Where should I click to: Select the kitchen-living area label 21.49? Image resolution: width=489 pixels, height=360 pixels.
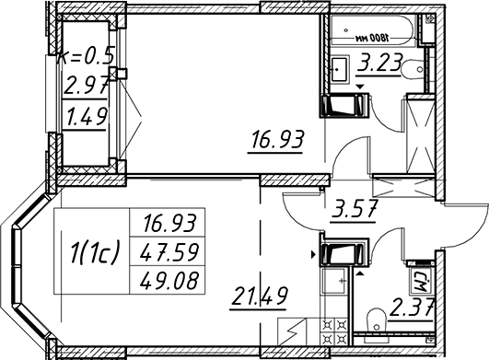click(260, 296)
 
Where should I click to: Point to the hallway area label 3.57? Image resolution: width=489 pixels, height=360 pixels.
click(355, 209)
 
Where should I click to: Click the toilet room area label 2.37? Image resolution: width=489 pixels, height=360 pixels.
click(412, 308)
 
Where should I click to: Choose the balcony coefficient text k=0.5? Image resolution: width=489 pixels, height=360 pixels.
click(86, 56)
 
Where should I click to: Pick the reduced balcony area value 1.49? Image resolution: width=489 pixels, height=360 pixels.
click(86, 117)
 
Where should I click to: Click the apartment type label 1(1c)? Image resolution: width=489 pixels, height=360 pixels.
click(95, 252)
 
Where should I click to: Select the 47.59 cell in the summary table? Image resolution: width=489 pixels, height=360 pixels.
click(169, 252)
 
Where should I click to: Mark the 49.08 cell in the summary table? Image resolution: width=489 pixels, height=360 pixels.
click(169, 280)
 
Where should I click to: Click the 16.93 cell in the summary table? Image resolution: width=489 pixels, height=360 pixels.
click(169, 223)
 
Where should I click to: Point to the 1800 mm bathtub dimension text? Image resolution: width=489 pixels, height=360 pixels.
click(372, 38)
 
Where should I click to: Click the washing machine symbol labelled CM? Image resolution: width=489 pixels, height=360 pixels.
click(421, 282)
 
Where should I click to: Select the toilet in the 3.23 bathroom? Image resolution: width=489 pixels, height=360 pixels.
click(413, 69)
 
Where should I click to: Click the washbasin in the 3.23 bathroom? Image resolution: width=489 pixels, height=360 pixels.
click(339, 69)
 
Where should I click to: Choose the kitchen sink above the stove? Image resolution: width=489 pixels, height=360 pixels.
click(334, 281)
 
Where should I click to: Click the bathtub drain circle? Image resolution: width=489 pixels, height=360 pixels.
click(346, 30)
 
